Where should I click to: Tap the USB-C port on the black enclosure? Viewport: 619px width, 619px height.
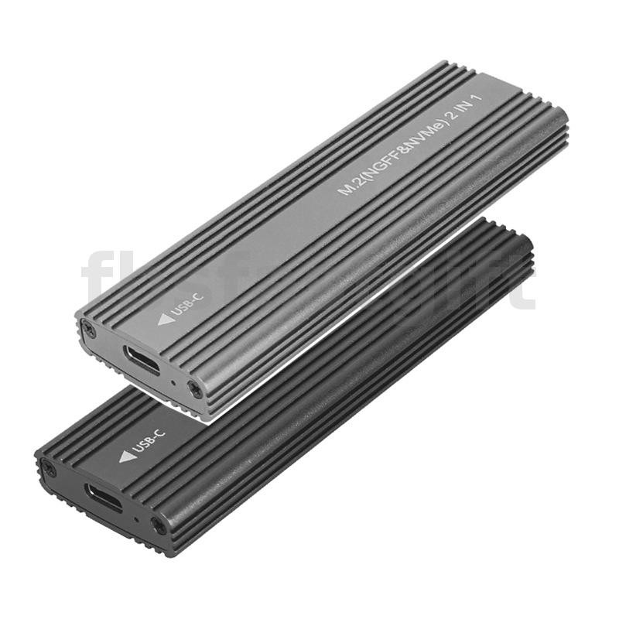click(x=104, y=497)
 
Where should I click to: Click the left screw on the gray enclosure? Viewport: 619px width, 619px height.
click(x=89, y=330)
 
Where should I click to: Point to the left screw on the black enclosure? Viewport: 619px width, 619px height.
click(x=50, y=468)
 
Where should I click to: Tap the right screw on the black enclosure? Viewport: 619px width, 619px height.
click(x=158, y=526)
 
